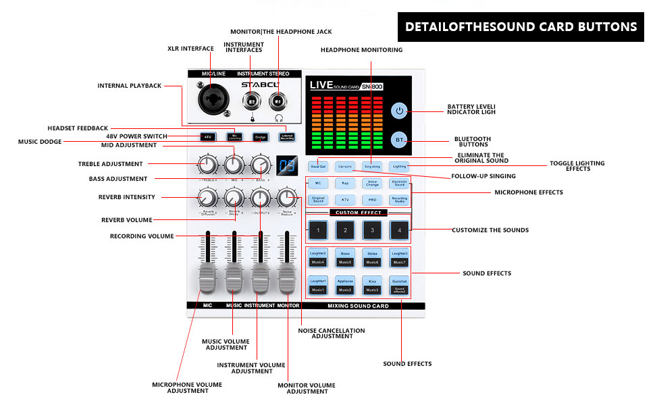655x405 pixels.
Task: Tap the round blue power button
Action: coord(400,111)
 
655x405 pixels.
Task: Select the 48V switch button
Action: coord(208,136)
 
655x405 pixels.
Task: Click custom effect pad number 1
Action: coord(318,230)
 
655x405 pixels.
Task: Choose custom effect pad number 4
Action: coord(399,230)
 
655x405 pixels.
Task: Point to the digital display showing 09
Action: coord(284,165)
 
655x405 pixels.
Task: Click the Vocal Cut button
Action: coord(318,165)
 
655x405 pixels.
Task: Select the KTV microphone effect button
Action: coord(345,200)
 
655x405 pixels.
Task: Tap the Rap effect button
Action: coord(345,183)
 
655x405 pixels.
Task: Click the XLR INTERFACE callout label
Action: coord(190,49)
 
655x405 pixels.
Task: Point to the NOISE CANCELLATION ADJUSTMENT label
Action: coord(331,333)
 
